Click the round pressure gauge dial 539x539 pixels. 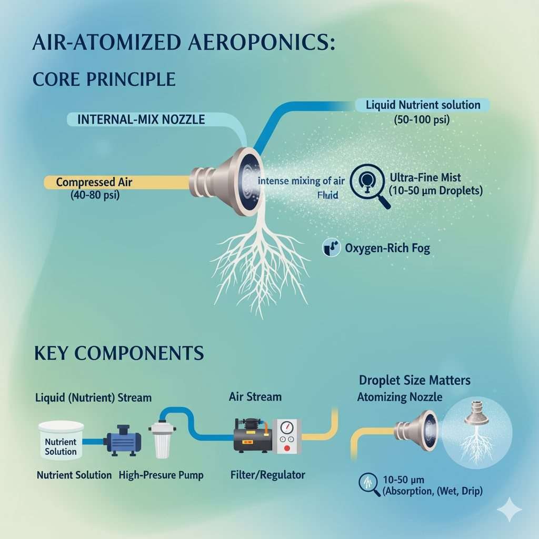[x=286, y=427]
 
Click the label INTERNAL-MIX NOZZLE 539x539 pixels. [x=141, y=119]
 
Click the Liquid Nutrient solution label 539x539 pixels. [x=423, y=105]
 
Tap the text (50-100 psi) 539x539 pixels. [x=422, y=119]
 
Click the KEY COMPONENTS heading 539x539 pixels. [x=119, y=353]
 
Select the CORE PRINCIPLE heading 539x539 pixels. [x=104, y=79]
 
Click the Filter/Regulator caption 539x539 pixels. [x=267, y=475]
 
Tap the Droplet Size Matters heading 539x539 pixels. [x=415, y=380]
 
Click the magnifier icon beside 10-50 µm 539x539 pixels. [x=369, y=483]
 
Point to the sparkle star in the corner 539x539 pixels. [x=509, y=510]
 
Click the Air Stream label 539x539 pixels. [x=255, y=397]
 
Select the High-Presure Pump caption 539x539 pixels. [x=161, y=475]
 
